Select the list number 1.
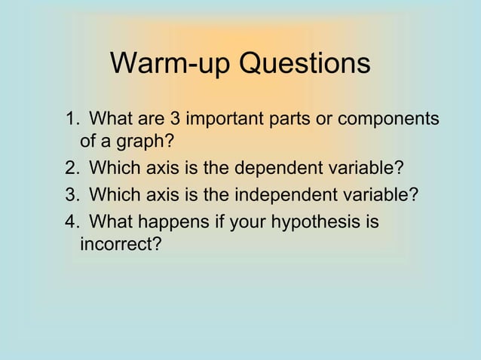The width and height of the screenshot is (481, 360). (71, 120)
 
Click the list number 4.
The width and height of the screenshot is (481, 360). (71, 224)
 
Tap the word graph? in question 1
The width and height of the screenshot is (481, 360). (143, 142)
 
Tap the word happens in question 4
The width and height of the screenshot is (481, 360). (159, 224)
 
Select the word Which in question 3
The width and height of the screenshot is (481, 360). (112, 195)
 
